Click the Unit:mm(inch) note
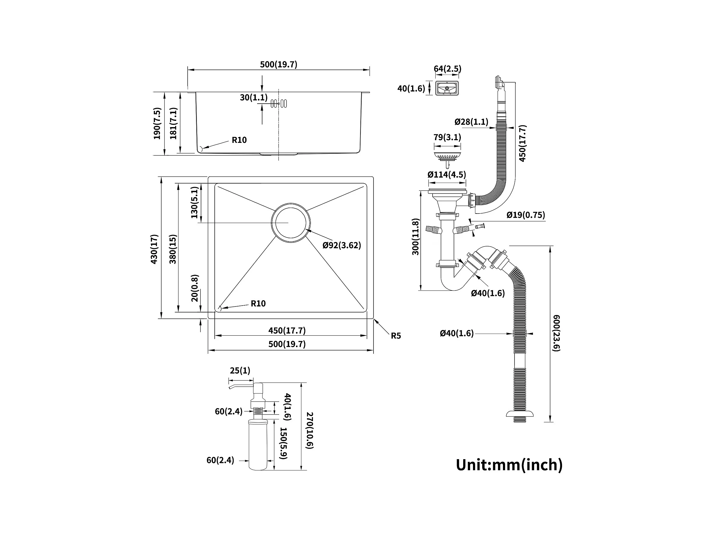coord(509,465)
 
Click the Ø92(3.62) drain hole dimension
coord(341,245)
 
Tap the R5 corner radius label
coord(395,336)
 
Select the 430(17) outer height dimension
coord(154,249)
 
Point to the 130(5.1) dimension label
coord(194,203)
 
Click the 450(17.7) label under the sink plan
coord(287,330)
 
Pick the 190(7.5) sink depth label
coord(157,123)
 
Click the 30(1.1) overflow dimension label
coord(254,97)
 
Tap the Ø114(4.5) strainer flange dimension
coord(447,174)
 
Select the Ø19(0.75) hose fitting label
coord(526,215)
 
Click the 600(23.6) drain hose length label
coord(556,333)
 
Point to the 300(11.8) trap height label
coord(416,237)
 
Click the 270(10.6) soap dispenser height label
coord(309,430)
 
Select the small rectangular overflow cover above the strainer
coord(447,88)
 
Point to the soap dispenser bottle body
coord(258,445)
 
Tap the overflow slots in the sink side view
coord(279,103)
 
